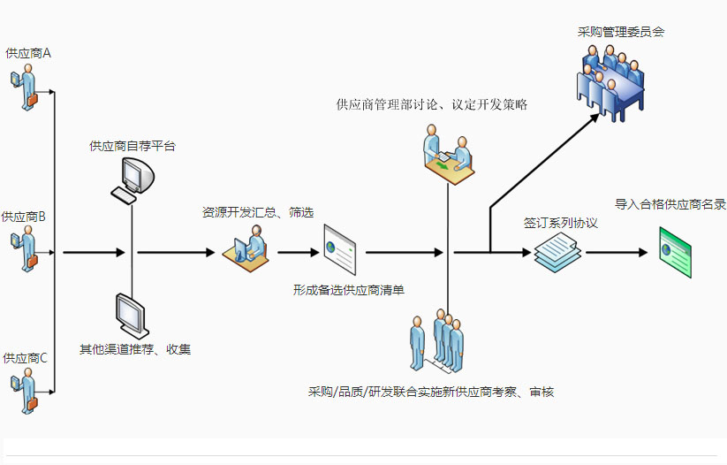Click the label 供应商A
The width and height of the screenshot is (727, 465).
pyautogui.click(x=27, y=53)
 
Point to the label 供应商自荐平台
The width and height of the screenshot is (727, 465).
pyautogui.click(x=133, y=146)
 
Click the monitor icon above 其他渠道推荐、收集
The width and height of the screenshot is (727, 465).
pyautogui.click(x=131, y=315)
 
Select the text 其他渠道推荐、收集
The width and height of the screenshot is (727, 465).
pyautogui.click(x=135, y=349)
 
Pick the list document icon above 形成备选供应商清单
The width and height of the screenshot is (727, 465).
pyautogui.click(x=341, y=249)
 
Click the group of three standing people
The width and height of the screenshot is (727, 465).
pyautogui.click(x=437, y=341)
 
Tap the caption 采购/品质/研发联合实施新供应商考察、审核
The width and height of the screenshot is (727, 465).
pyautogui.click(x=431, y=392)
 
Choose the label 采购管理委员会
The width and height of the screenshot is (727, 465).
pyautogui.click(x=621, y=32)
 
